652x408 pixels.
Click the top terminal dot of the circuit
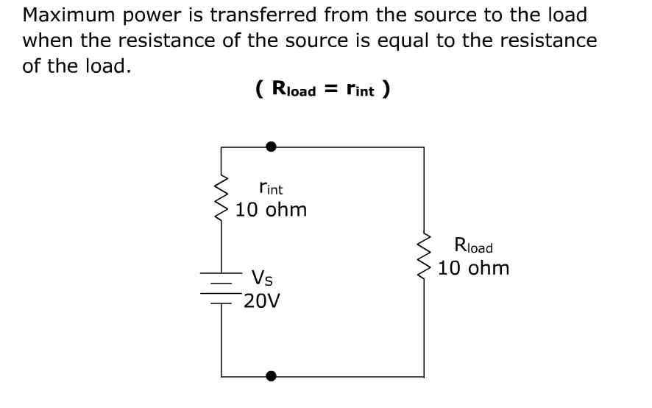tap(272, 147)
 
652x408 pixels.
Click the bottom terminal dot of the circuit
tap(272, 376)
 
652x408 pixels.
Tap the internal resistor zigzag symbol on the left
tap(222, 198)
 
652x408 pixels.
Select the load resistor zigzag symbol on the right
tap(424, 256)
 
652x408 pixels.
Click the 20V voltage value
tap(262, 301)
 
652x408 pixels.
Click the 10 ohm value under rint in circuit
tap(272, 210)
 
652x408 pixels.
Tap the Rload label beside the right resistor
tap(473, 246)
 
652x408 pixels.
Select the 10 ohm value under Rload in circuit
tap(474, 268)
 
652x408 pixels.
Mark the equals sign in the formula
tap(332, 89)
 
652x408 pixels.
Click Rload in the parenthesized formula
tap(294, 90)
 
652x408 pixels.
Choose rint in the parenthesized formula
tap(360, 90)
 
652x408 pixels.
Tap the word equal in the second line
tap(405, 41)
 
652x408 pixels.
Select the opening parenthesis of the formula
tap(260, 90)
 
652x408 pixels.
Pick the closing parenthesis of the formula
tap(386, 90)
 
